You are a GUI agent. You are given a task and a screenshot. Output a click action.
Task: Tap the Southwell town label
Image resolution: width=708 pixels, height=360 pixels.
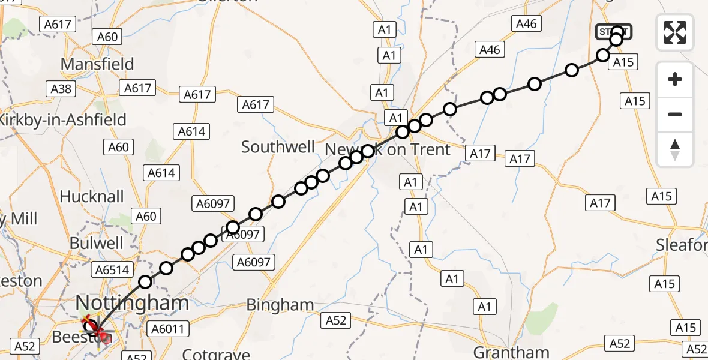[x=278, y=147]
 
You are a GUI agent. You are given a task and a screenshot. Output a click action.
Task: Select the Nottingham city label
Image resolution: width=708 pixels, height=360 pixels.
[x=132, y=303]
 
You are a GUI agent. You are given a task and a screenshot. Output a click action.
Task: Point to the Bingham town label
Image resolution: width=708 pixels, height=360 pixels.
[x=281, y=305]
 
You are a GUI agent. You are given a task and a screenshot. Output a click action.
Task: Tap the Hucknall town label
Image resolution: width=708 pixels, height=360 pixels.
[x=92, y=196]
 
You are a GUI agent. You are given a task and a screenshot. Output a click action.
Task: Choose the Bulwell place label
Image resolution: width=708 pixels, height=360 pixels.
[x=96, y=243]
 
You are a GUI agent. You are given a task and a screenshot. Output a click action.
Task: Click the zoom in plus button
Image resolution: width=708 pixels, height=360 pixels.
[x=675, y=79]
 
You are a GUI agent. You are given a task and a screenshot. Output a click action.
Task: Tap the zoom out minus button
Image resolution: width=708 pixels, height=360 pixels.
[x=675, y=114]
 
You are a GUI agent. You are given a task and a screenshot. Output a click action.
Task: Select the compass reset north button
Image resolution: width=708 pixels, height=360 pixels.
[x=675, y=149]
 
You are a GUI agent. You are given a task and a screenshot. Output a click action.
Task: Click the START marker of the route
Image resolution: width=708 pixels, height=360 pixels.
[x=613, y=31]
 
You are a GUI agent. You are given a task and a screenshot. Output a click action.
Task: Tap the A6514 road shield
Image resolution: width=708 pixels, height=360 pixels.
[x=111, y=270]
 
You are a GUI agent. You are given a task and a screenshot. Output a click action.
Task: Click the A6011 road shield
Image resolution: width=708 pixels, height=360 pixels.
[x=170, y=329]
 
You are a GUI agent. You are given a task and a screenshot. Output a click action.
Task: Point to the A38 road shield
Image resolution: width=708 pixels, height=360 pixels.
[x=61, y=89]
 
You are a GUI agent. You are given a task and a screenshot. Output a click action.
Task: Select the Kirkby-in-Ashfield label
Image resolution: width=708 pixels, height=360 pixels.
[x=63, y=119]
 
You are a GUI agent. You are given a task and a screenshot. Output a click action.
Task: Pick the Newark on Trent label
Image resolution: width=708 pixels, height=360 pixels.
[x=387, y=149]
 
